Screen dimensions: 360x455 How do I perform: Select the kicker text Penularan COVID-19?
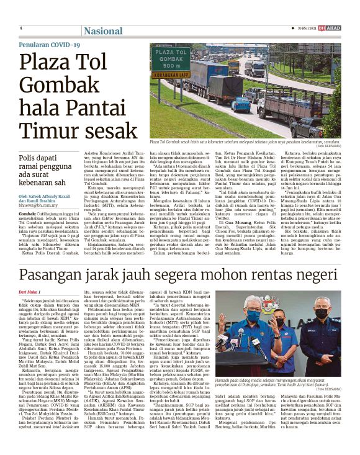click(x=50, y=45)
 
